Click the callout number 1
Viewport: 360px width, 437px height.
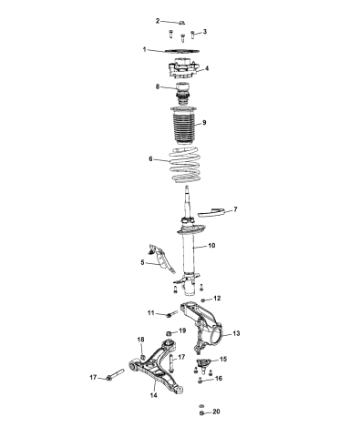click(x=144, y=49)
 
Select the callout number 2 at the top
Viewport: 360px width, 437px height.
click(x=156, y=20)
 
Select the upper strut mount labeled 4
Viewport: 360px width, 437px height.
click(x=181, y=70)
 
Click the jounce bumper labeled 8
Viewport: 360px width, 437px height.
click(x=181, y=91)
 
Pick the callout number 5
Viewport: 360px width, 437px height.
click(x=142, y=263)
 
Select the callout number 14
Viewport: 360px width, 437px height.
click(x=153, y=396)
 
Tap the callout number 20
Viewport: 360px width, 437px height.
click(x=216, y=412)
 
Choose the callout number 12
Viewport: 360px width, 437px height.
click(x=217, y=299)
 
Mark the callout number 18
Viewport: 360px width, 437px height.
click(x=141, y=340)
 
